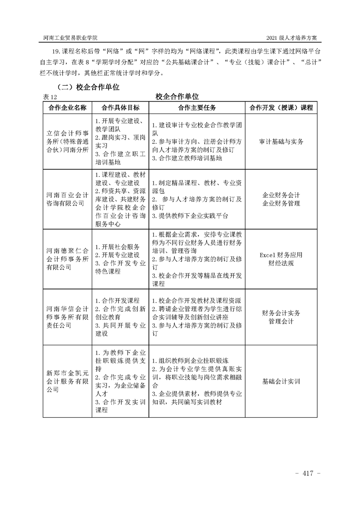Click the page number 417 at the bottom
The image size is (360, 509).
308,474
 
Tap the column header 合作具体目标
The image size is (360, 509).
120,108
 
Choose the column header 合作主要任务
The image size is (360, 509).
197,108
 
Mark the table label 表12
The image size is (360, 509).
49,97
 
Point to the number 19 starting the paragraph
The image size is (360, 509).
57,52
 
